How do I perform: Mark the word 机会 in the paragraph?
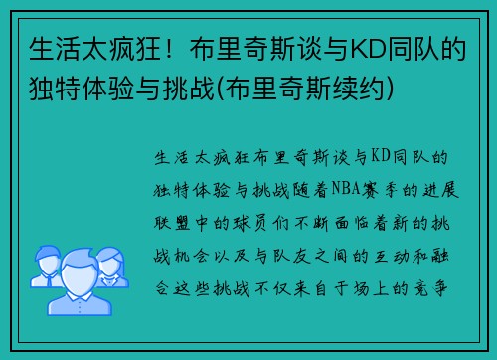click(x=203, y=248)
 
